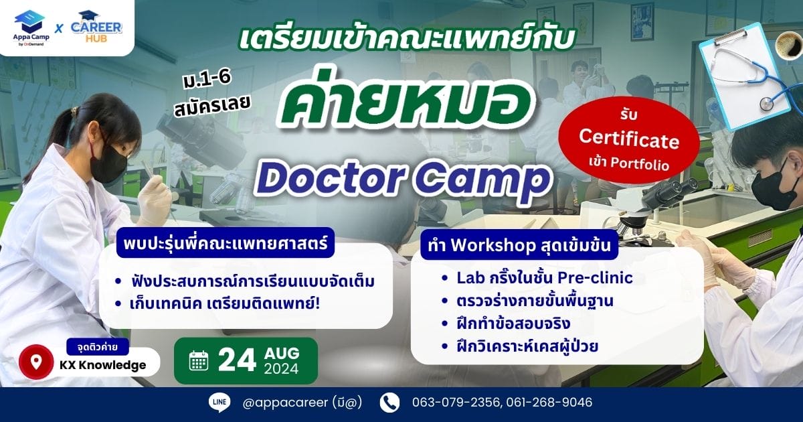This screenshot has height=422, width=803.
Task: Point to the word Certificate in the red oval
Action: click(x=629, y=139)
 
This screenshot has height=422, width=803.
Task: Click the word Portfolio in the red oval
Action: click(x=640, y=163)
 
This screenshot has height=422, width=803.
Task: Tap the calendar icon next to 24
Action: click(x=199, y=360)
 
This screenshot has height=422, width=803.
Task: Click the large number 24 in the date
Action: click(x=237, y=360)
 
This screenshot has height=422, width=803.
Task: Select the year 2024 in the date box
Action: click(x=282, y=369)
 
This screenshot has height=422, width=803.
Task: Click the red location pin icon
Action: click(x=36, y=362)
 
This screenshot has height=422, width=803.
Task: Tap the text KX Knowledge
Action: click(x=103, y=365)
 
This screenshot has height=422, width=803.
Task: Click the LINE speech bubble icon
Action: click(x=219, y=403)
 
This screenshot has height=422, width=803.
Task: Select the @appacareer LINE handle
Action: click(x=285, y=403)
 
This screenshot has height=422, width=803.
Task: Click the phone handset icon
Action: click(x=389, y=403)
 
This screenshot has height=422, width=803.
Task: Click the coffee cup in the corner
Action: click(x=789, y=45)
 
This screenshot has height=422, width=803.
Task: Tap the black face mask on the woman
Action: click(x=108, y=163)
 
